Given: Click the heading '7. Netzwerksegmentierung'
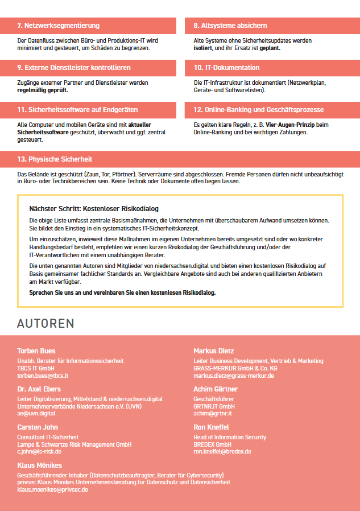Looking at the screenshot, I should click(x=59, y=26).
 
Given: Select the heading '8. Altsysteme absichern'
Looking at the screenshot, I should click(x=230, y=26).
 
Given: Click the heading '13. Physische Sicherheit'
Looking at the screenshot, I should click(x=55, y=159).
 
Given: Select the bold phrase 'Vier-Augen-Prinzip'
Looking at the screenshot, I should click(x=271, y=125).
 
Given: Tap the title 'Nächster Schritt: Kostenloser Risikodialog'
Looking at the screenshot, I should click(x=94, y=209).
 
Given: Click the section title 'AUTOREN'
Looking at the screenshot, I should click(x=45, y=323).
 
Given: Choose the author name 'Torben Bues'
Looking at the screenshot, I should click(x=36, y=351).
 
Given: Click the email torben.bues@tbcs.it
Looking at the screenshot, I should click(x=43, y=376).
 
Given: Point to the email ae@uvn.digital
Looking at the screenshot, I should click(x=36, y=414).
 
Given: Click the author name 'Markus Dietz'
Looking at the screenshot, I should click(x=213, y=351).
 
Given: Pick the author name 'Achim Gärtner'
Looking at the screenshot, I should click(x=216, y=389).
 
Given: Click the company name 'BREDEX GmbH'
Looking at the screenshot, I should click(x=212, y=444).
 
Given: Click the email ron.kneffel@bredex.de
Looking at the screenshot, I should click(x=222, y=452).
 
